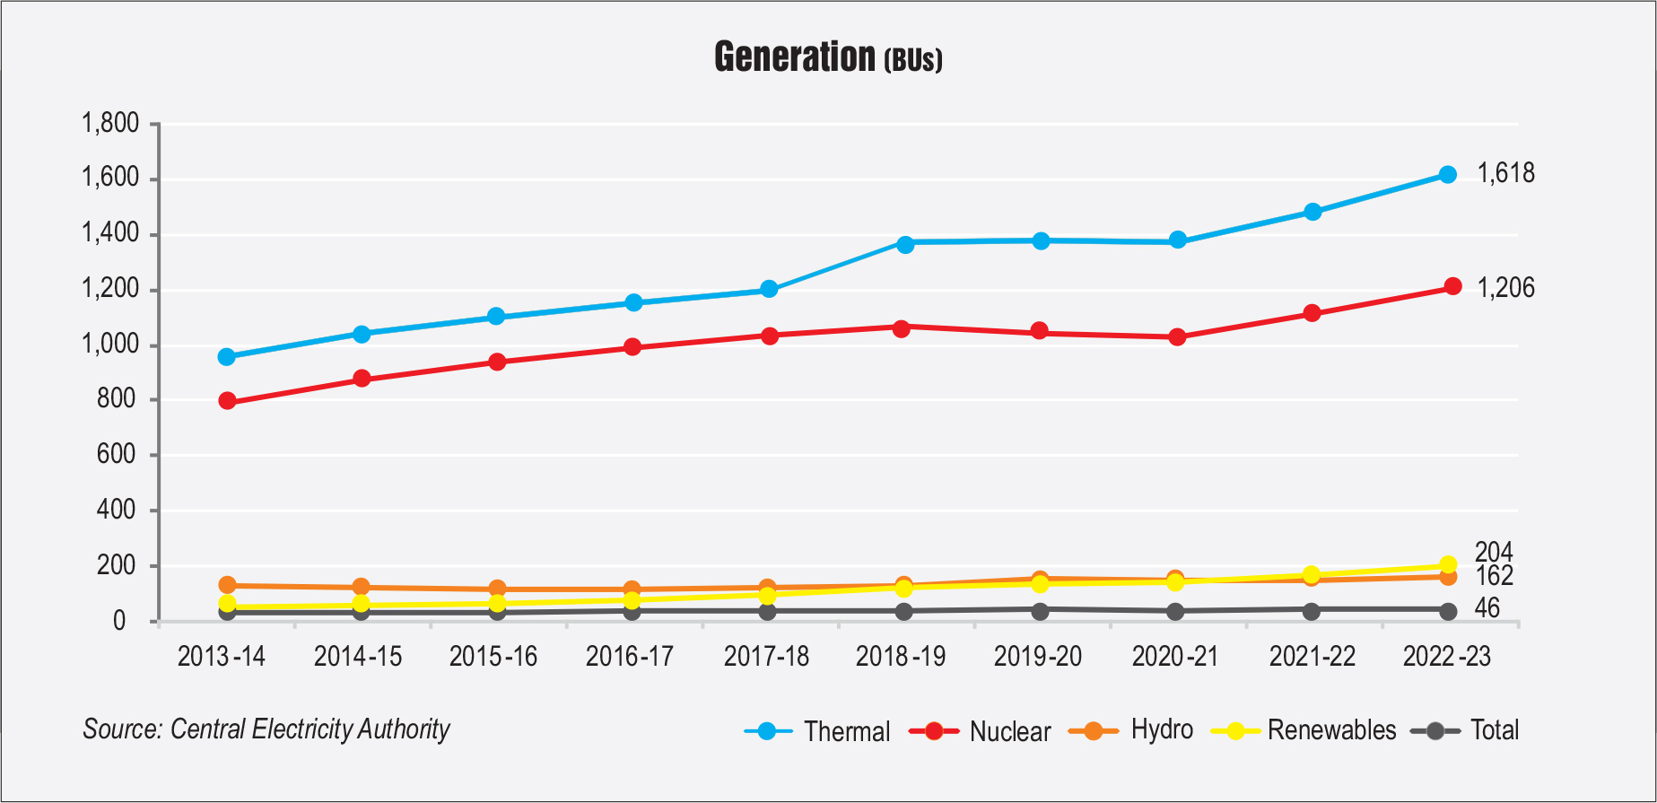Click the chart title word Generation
pyautogui.click(x=794, y=57)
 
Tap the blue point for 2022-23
pyautogui.click(x=1447, y=175)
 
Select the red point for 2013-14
pyautogui.click(x=227, y=401)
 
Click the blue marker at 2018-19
pyautogui.click(x=904, y=244)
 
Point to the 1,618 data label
pyautogui.click(x=1505, y=173)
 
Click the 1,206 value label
pyautogui.click(x=1505, y=288)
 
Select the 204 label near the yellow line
pyautogui.click(x=1494, y=552)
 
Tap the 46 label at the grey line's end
pyautogui.click(x=1487, y=608)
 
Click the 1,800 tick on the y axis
pyautogui.click(x=110, y=124)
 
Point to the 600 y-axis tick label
pyautogui.click(x=118, y=455)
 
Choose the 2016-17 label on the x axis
pyautogui.click(x=629, y=657)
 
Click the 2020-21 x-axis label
pyautogui.click(x=1174, y=657)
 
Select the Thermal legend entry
pyautogui.click(x=846, y=731)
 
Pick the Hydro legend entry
pyautogui.click(x=1161, y=729)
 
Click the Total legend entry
pyautogui.click(x=1494, y=730)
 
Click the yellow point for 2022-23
pyautogui.click(x=1447, y=565)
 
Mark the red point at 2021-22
pyautogui.click(x=1312, y=313)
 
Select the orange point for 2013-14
pyautogui.click(x=227, y=585)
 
